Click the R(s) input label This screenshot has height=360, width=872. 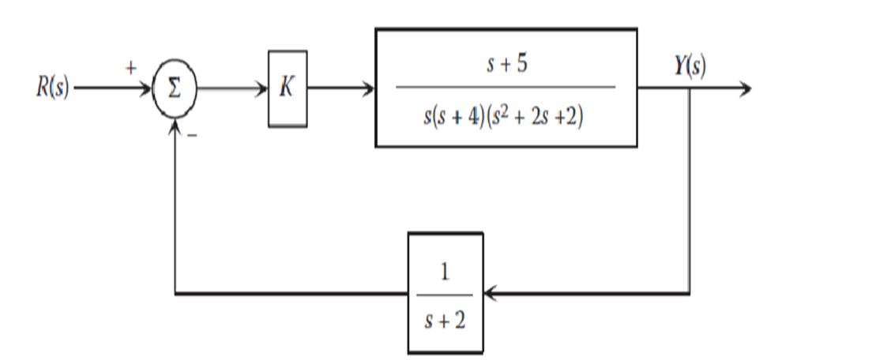[51, 88]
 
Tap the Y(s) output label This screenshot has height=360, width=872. [690, 66]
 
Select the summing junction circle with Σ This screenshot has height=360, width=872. [174, 88]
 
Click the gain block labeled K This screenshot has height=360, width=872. [288, 88]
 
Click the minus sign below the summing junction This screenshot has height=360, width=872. [190, 135]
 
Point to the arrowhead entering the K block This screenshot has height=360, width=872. [262, 88]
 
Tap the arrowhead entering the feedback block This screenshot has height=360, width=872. [490, 294]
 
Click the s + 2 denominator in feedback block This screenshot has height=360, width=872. [445, 321]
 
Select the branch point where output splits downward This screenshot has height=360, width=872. [690, 88]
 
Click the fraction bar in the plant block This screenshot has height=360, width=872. [505, 87]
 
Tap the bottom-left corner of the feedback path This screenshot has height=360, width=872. [175, 294]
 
